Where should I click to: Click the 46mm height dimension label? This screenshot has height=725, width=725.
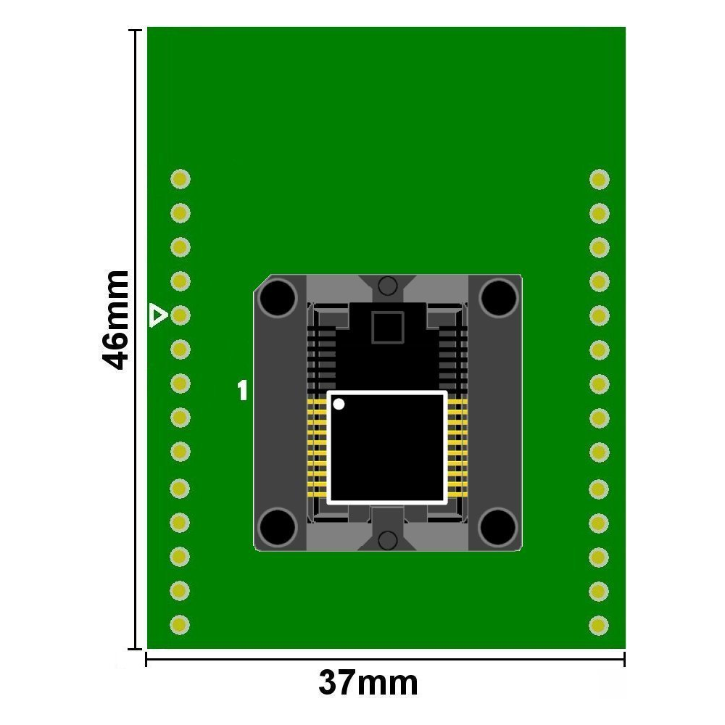pos(115,320)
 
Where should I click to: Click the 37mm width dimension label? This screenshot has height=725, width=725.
pos(368,683)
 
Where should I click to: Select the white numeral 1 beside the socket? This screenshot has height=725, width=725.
pos(242,391)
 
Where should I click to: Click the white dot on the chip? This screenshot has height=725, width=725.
pos(339,404)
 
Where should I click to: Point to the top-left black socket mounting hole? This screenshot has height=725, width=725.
pos(278,298)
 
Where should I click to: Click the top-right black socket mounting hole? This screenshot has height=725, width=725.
pos(499,298)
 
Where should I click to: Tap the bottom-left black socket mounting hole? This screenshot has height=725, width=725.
pos(278,527)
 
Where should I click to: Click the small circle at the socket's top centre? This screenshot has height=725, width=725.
pos(387,286)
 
